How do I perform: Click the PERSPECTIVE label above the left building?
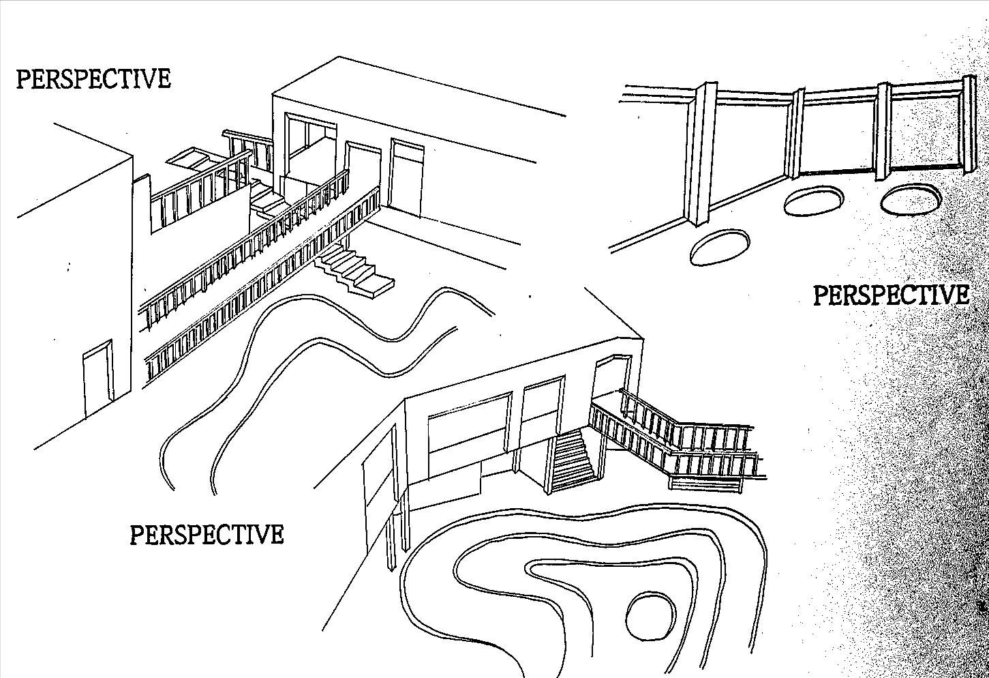(93, 78)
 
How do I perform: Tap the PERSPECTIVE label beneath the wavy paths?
(207, 534)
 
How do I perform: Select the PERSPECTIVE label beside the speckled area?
(891, 295)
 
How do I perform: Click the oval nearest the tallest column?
(720, 248)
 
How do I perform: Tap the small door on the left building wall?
(97, 379)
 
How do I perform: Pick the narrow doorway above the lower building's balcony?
(604, 379)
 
